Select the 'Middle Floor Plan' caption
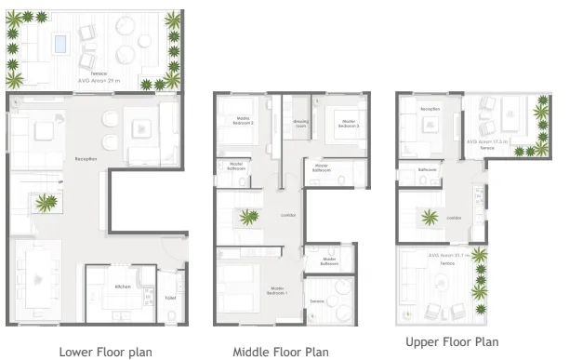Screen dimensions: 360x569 tap(280, 352)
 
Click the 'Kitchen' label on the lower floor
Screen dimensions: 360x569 tap(123, 287)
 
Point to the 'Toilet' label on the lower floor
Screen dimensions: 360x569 tap(170, 298)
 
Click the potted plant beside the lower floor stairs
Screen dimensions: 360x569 tap(44, 200)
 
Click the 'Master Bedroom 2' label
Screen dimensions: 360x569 tap(244, 120)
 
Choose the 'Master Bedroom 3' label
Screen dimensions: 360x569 tap(349, 121)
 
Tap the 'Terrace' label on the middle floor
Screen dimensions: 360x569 tap(317, 300)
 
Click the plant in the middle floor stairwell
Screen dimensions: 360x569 tap(248, 219)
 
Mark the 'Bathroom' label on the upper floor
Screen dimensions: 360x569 tap(427, 170)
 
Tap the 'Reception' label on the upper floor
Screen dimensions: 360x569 tap(430, 109)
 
